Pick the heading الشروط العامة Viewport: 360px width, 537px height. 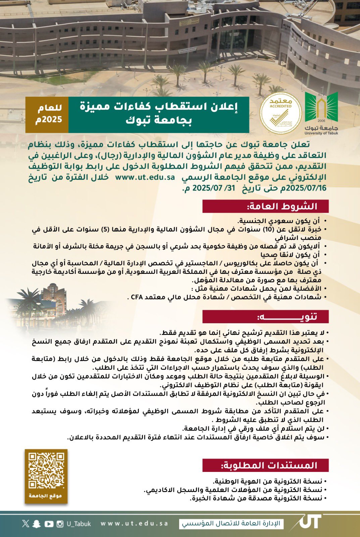coord(265,206)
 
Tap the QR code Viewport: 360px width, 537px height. coord(46,471)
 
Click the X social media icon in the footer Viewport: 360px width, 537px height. coord(26,523)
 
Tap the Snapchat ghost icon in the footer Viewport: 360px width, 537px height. coord(37,524)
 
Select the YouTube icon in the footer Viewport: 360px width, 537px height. coord(49,524)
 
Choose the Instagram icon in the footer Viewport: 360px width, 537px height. coord(60,524)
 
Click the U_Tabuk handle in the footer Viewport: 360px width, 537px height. coord(79,524)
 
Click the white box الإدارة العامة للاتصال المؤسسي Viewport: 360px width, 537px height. coord(232,524)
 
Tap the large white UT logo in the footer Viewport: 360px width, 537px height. coord(309,522)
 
